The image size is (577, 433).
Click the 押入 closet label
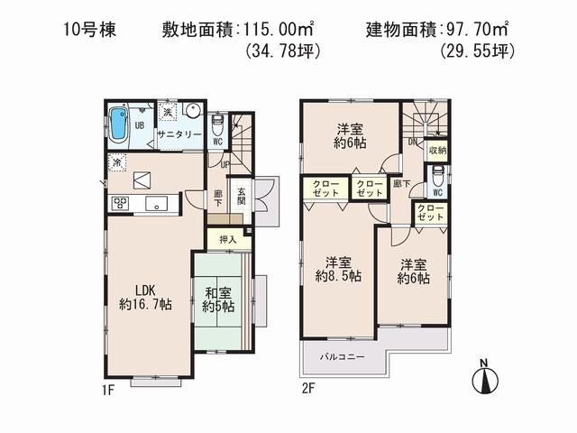pyautogui.click(x=226, y=239)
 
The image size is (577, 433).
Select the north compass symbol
pyautogui.click(x=484, y=378)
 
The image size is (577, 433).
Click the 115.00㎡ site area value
pyautogui.click(x=274, y=29)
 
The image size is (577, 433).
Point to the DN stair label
pyautogui.click(x=411, y=143)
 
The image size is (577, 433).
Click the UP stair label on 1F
pyautogui.click(x=224, y=165)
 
